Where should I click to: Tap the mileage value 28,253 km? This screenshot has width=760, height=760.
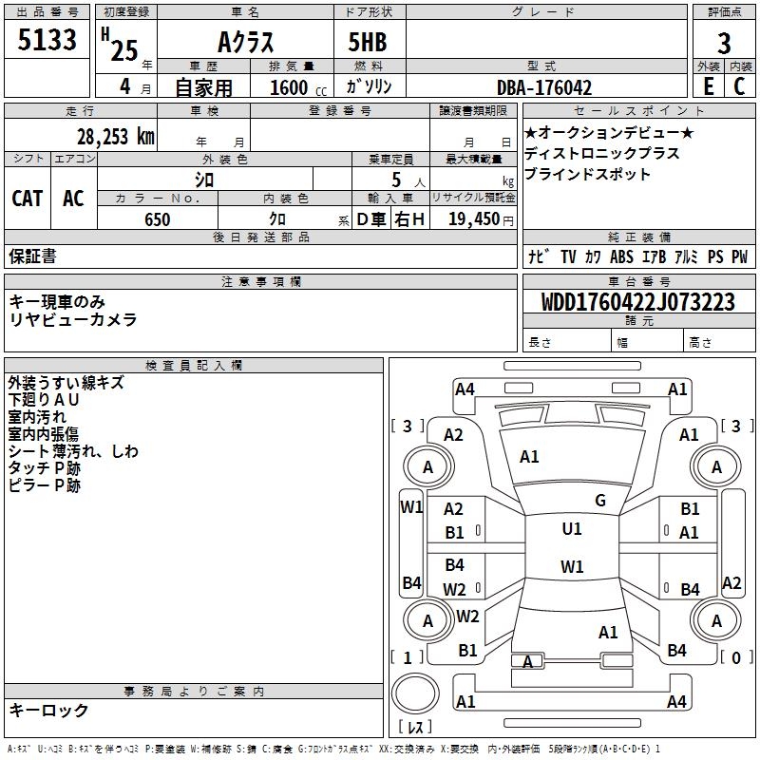(x=115, y=137)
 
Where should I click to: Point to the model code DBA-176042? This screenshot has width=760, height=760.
(x=544, y=87)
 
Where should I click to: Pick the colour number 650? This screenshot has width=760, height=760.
(x=157, y=219)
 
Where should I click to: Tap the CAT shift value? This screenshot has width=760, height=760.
(x=28, y=198)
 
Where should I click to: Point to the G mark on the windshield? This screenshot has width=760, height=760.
(x=599, y=501)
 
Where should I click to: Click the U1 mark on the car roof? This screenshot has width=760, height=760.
(x=571, y=529)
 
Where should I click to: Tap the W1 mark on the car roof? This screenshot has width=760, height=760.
(x=571, y=567)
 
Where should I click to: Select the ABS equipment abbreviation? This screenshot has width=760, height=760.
(x=621, y=256)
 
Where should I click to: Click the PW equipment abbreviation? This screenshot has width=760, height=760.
(x=739, y=256)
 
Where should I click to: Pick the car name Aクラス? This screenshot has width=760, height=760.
(x=246, y=43)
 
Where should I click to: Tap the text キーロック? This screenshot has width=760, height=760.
(x=49, y=710)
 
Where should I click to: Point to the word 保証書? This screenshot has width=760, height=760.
(x=32, y=256)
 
